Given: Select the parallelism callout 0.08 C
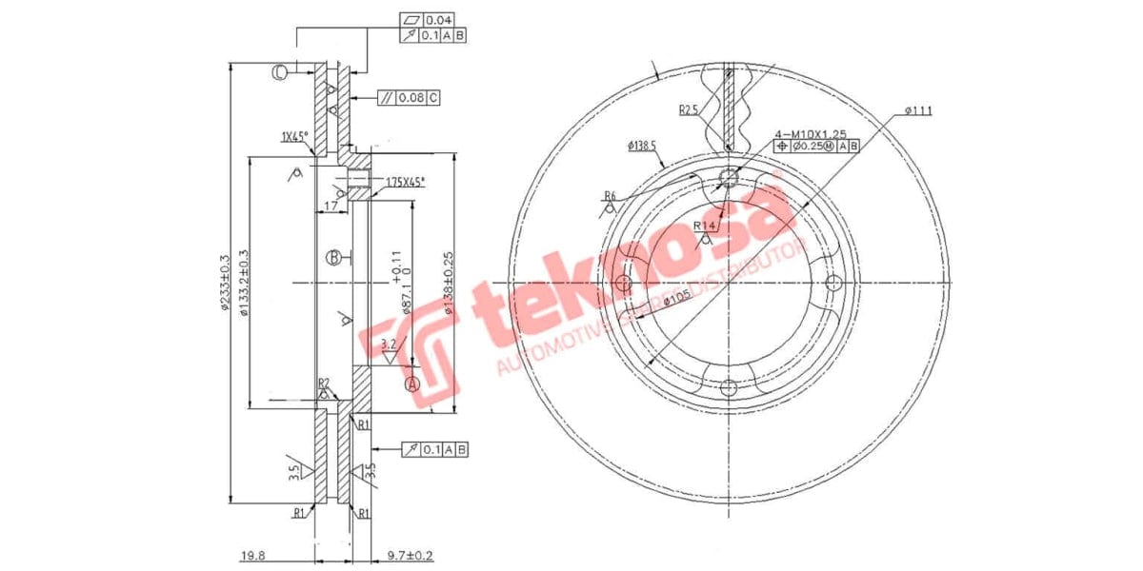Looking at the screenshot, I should (x=418, y=97).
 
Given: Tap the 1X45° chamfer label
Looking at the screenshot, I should (x=294, y=137).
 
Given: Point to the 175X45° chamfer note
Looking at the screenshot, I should (x=406, y=181).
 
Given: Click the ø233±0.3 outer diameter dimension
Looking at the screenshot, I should (x=225, y=283).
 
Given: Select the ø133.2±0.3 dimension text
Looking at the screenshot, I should (x=244, y=283).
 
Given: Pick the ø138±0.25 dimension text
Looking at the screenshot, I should (x=448, y=283).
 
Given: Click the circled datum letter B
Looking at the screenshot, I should (x=333, y=257).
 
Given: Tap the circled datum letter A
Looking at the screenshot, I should (x=412, y=384).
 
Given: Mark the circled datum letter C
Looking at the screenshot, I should (x=280, y=72).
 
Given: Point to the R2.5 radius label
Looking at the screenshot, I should (x=690, y=110).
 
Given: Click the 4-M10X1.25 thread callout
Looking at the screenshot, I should (x=811, y=133).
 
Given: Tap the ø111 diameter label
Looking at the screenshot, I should (x=918, y=110).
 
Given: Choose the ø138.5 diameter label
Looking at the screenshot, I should (x=643, y=146).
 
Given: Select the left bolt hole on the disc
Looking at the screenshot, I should (x=624, y=284).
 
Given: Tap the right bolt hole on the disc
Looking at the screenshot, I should (x=833, y=284).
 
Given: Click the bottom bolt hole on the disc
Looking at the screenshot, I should (x=729, y=387).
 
